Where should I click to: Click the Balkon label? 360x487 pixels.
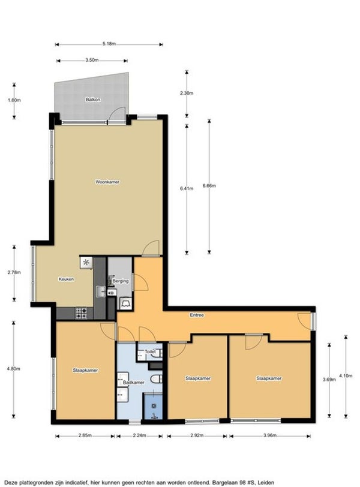pyautogui.click(x=92, y=100)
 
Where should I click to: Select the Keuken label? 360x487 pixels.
pyautogui.click(x=66, y=279)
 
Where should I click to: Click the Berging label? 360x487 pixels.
pyautogui.click(x=121, y=281)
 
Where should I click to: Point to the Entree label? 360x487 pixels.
pyautogui.click(x=197, y=314)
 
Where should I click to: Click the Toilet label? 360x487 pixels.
pyautogui.click(x=150, y=352)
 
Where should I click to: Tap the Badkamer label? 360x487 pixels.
pyautogui.click(x=133, y=382)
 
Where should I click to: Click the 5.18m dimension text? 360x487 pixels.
pyautogui.click(x=109, y=44)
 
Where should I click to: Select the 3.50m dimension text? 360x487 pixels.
pyautogui.click(x=92, y=61)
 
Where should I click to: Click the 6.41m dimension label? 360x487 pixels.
pyautogui.click(x=186, y=189)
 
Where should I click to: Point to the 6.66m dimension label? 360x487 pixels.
pyautogui.click(x=209, y=186)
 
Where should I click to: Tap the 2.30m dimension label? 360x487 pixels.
pyautogui.click(x=186, y=93)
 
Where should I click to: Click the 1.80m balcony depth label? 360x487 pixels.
pyautogui.click(x=14, y=100)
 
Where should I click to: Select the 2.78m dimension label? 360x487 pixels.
pyautogui.click(x=14, y=273)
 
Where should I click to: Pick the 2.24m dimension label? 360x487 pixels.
pyautogui.click(x=140, y=436)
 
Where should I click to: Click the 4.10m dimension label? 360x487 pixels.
pyautogui.click(x=346, y=376)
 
